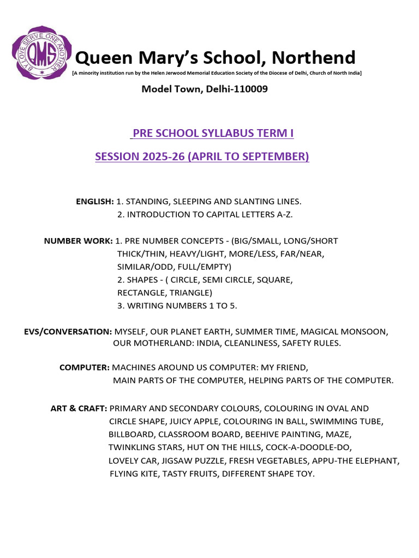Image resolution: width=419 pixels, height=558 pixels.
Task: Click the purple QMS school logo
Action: [41, 53]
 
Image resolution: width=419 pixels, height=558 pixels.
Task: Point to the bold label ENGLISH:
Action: [94, 202]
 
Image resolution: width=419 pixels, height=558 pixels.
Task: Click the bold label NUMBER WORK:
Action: [78, 241]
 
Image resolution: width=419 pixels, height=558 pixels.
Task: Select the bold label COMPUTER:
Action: [85, 368]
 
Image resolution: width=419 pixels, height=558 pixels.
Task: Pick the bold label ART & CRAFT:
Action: [79, 408]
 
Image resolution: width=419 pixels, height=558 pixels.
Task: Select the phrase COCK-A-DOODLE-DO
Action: [309, 447]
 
